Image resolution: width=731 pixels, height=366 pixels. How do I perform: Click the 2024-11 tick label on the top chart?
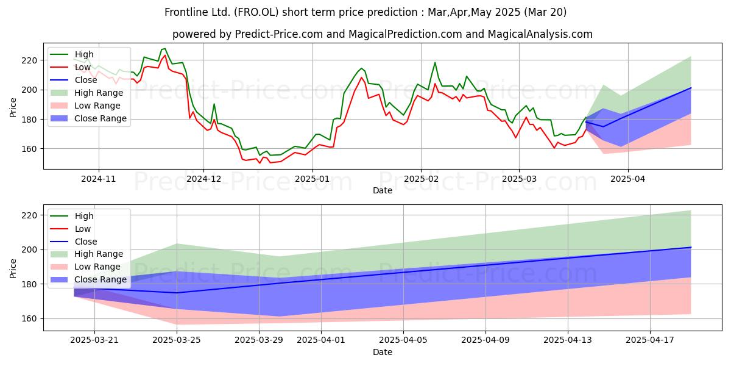click(99, 179)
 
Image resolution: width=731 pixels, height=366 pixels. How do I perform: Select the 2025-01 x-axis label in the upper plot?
click(313, 179)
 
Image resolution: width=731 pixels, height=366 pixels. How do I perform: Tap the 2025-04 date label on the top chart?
click(628, 179)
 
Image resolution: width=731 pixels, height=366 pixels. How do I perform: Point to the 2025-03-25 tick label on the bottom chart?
click(177, 340)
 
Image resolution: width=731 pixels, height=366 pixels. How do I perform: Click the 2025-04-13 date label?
click(568, 340)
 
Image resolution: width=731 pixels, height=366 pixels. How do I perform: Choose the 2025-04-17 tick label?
click(650, 340)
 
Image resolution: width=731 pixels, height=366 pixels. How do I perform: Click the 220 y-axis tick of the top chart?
click(29, 60)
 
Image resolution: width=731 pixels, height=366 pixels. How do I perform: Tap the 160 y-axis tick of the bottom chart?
click(29, 318)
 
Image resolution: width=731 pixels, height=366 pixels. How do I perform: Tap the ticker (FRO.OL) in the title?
click(256, 12)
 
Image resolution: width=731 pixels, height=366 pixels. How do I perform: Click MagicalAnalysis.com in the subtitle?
click(540, 34)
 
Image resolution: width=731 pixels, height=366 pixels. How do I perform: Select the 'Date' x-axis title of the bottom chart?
click(383, 352)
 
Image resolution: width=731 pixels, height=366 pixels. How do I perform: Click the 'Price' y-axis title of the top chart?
click(13, 107)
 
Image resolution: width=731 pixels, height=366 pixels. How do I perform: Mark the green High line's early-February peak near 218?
click(435, 62)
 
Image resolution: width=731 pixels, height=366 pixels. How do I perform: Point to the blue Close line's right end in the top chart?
click(691, 88)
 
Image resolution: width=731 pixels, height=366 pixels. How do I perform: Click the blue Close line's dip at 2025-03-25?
click(177, 293)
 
